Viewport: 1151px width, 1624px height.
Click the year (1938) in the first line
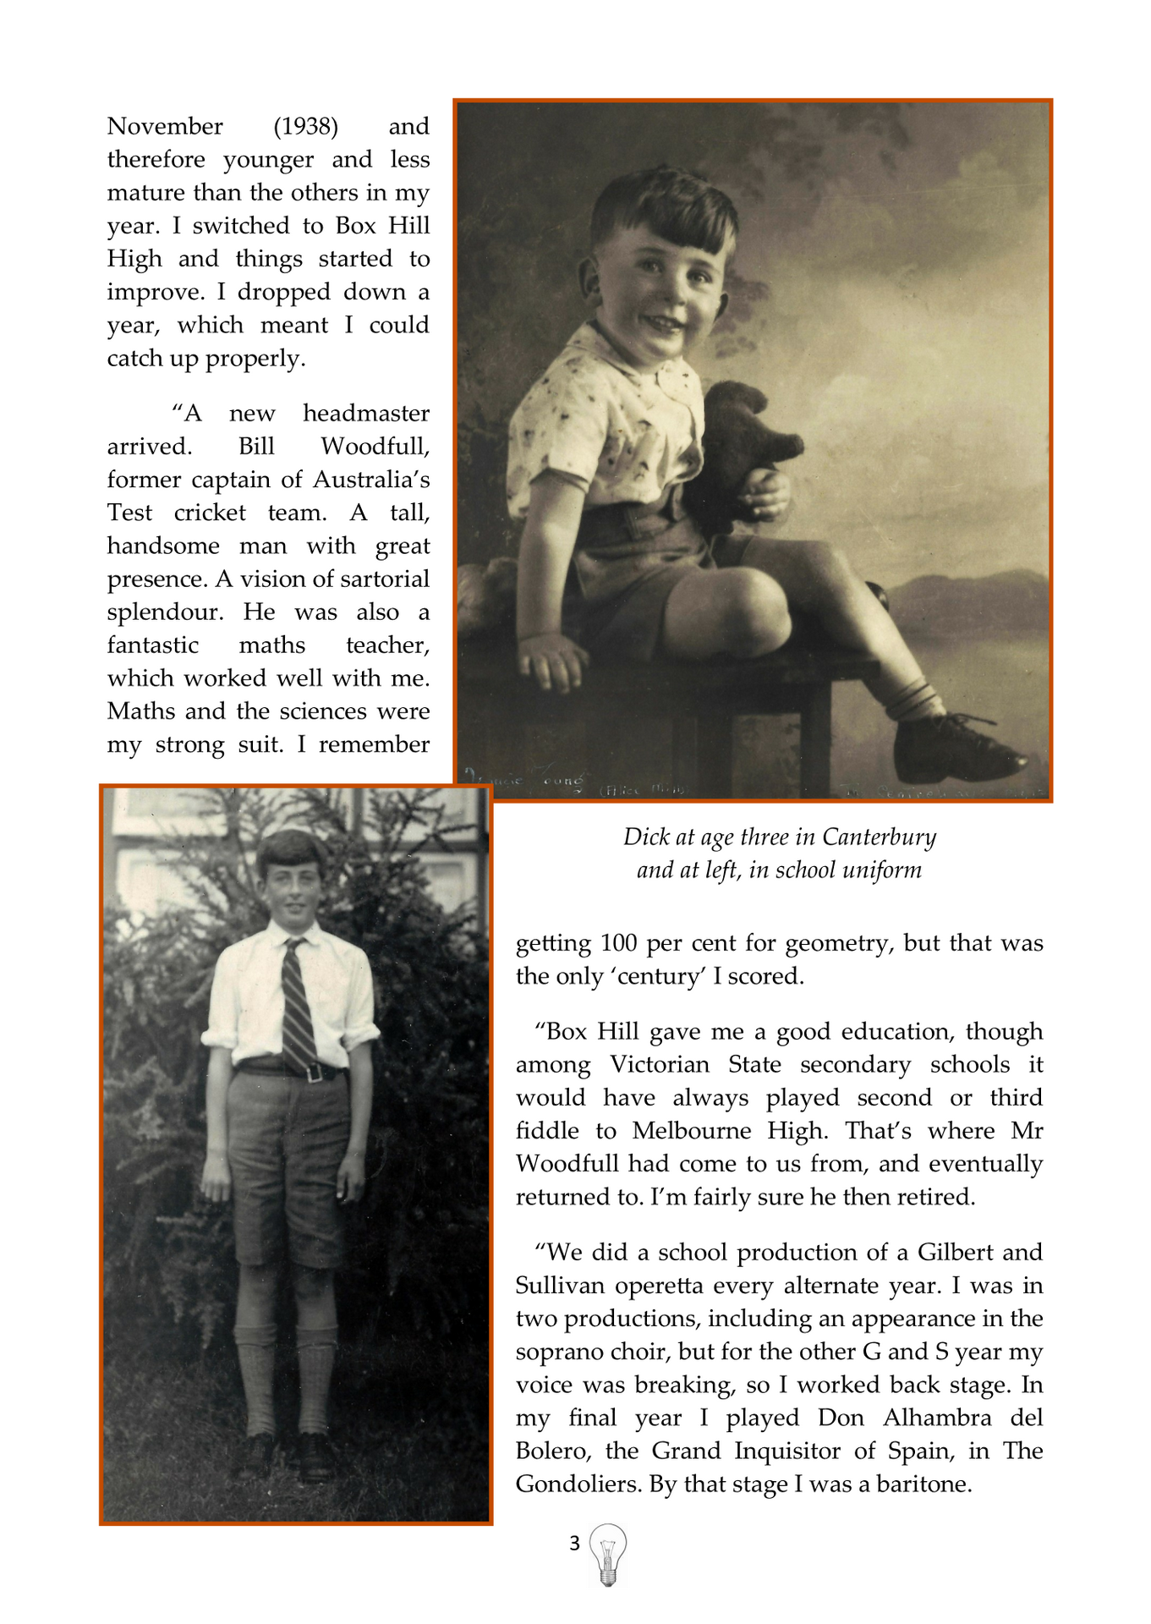click(x=305, y=127)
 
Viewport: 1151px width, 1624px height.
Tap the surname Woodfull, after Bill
click(x=375, y=447)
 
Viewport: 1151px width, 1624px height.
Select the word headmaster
click(x=365, y=414)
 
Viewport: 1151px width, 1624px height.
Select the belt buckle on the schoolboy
click(x=314, y=1073)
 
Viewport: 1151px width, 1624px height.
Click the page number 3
click(x=574, y=1544)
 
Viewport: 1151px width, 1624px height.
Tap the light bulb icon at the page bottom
click(x=607, y=1554)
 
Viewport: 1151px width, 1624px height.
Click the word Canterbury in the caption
click(x=879, y=837)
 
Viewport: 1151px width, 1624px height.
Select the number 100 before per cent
click(x=618, y=943)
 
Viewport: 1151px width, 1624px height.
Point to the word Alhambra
click(x=937, y=1418)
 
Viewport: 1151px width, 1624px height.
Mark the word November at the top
click(x=165, y=127)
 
